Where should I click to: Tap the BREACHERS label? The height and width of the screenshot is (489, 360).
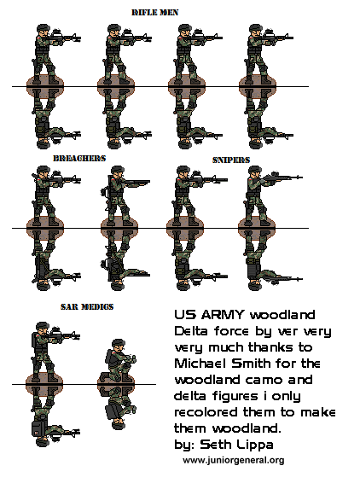pos(78,159)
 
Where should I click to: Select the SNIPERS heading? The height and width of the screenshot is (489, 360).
pos(231,160)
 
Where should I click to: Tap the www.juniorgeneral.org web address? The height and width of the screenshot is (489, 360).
pos(233,460)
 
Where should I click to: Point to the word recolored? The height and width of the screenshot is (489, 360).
pos(206,411)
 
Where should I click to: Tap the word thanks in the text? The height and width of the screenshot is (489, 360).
pos(289,346)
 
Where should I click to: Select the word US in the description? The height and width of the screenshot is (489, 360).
pos(185,314)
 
